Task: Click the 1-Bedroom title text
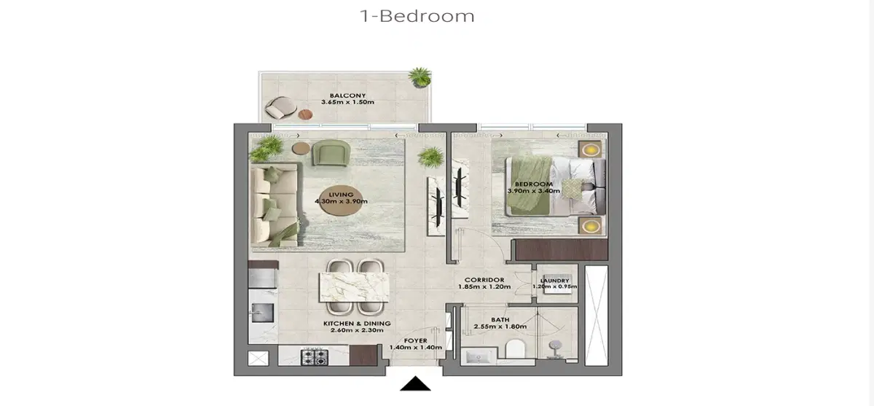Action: click(417, 16)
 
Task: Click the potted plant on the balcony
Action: click(420, 76)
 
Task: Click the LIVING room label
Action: click(341, 195)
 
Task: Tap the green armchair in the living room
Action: click(331, 152)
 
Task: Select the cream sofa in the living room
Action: click(274, 204)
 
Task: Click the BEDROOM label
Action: click(533, 184)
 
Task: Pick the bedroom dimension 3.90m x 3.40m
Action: click(533, 192)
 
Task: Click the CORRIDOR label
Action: click(481, 279)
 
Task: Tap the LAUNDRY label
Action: click(554, 280)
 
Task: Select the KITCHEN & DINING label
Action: click(357, 324)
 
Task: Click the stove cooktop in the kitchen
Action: click(317, 356)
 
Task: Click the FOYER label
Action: click(415, 340)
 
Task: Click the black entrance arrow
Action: click(415, 383)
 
